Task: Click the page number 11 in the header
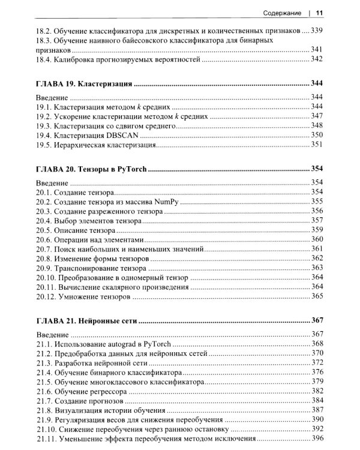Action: click(x=320, y=13)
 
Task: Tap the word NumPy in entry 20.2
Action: click(x=167, y=202)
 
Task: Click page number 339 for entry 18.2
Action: click(x=317, y=31)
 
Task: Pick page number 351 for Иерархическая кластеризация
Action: click(x=317, y=145)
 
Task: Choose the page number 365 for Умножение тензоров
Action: click(x=317, y=296)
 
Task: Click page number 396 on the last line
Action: click(x=317, y=439)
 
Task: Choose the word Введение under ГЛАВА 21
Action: click(x=52, y=334)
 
